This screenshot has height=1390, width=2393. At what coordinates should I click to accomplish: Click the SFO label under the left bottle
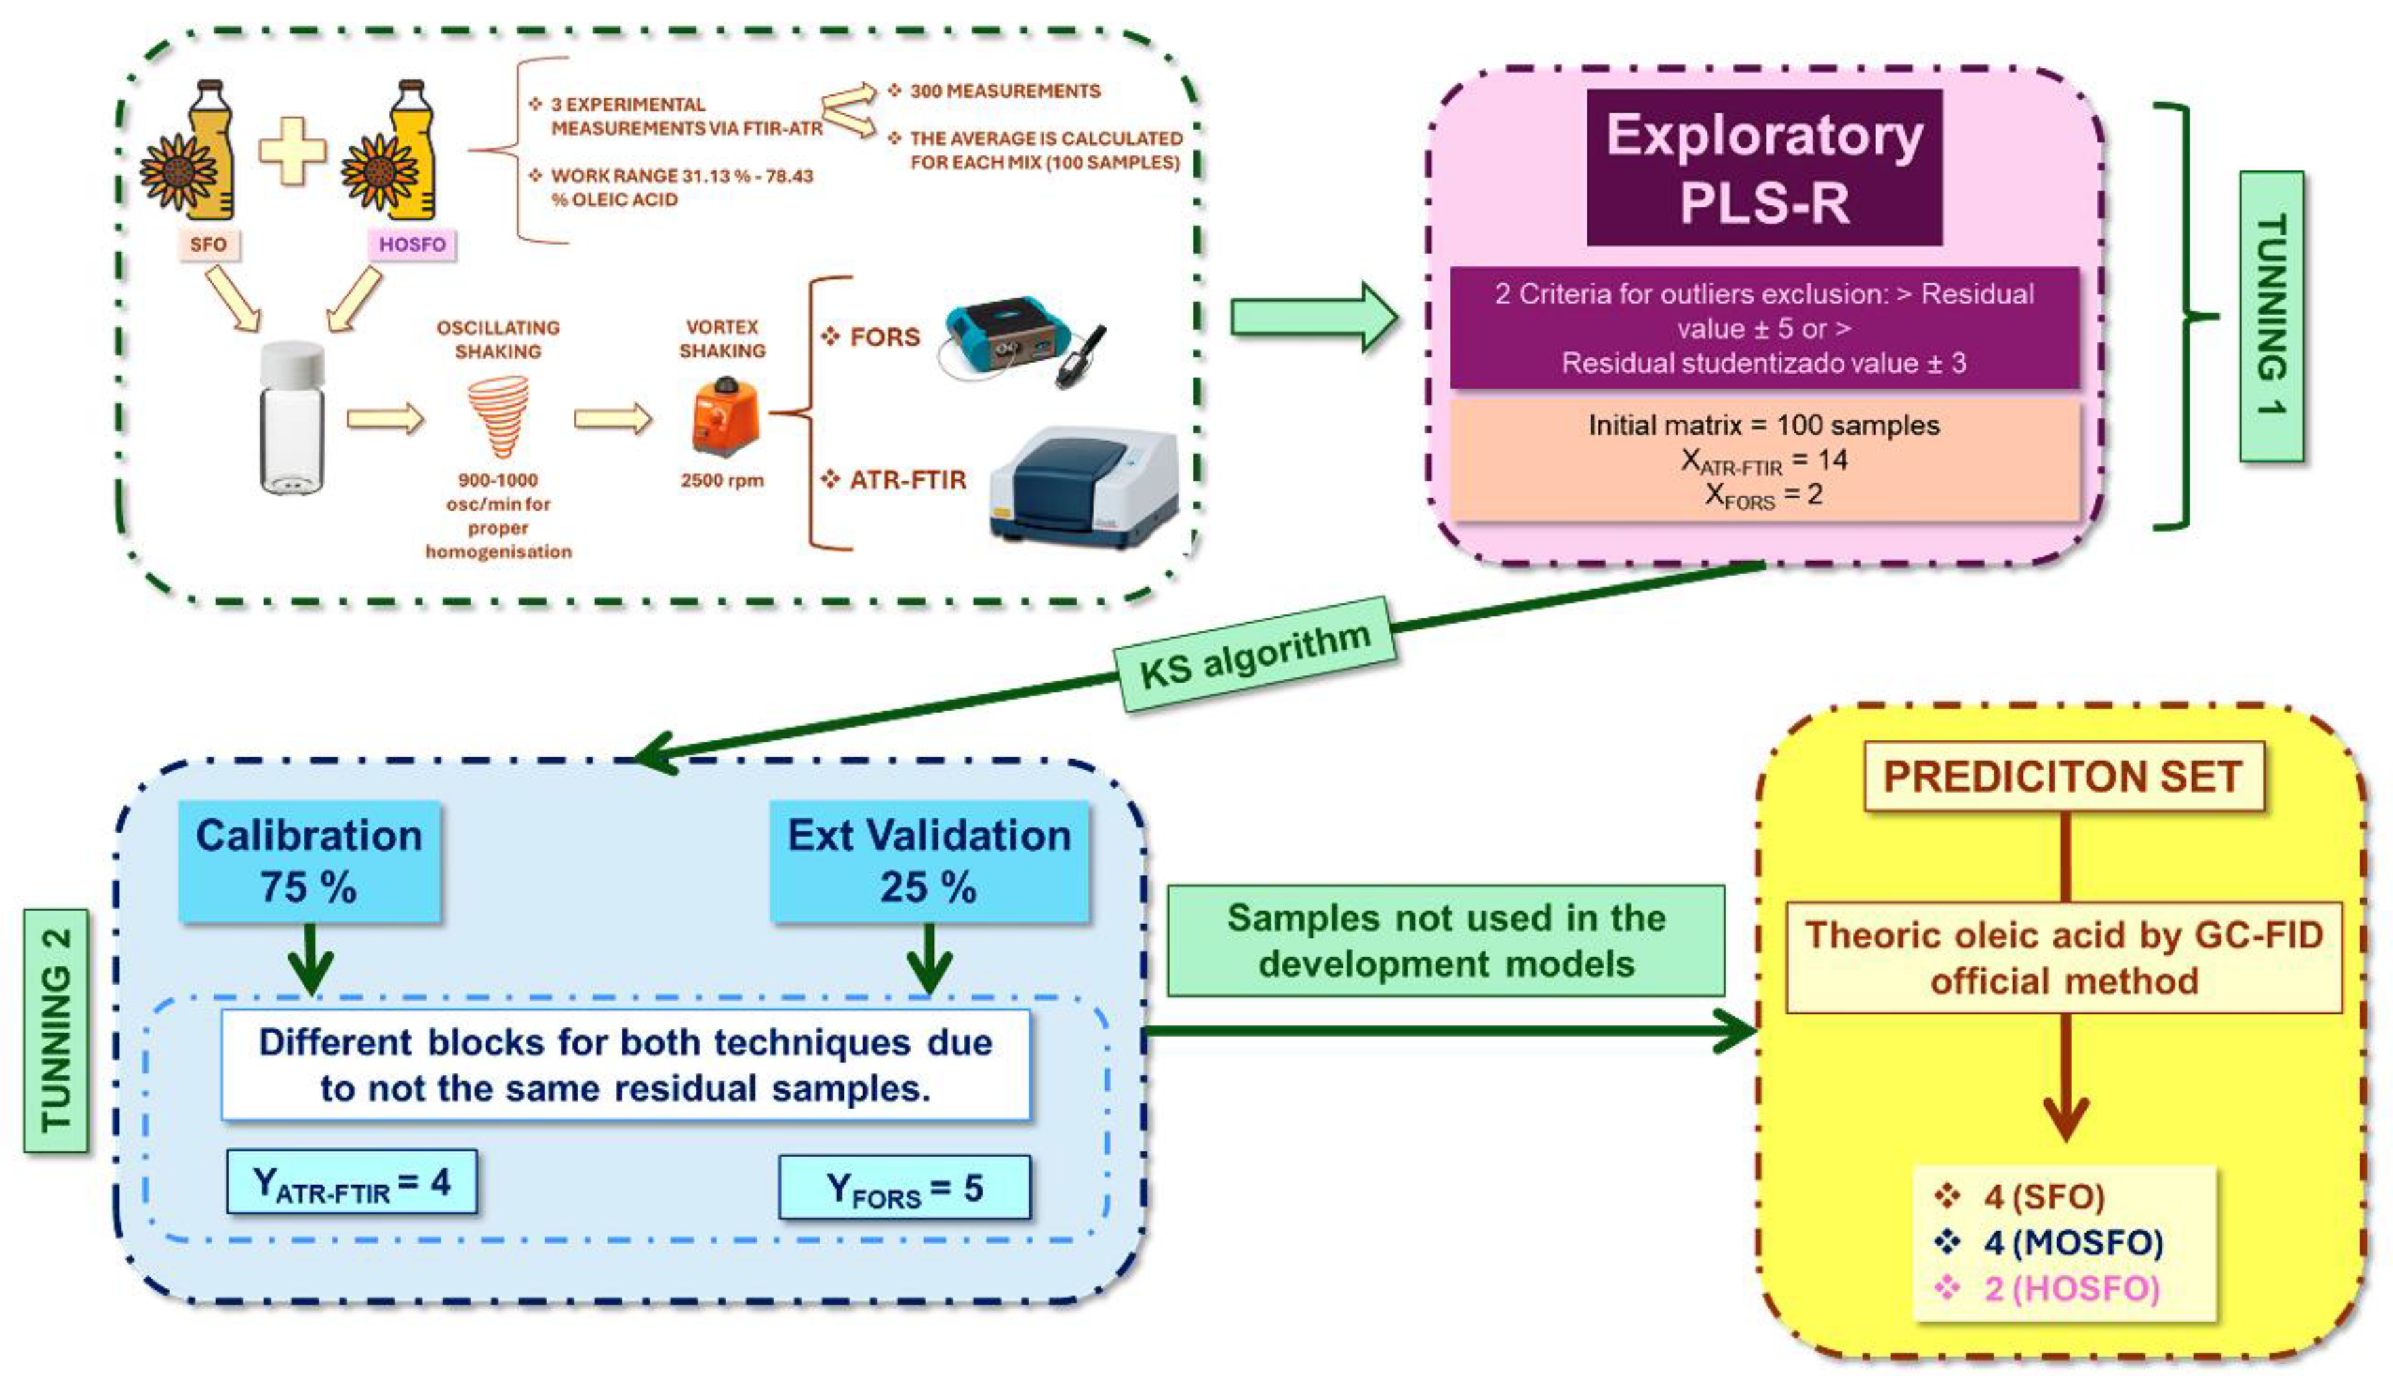point(208,245)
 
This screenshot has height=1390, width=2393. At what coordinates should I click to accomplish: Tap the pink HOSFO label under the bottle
point(412,245)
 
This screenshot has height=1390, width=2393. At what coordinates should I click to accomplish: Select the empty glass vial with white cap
point(292,418)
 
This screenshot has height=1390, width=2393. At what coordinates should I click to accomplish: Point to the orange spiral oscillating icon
point(498,416)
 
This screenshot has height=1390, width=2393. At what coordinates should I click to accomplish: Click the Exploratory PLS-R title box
point(1764,168)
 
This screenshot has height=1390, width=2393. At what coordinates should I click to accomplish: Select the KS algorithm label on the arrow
point(1254,655)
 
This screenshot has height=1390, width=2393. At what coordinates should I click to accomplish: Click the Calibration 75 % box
point(310,860)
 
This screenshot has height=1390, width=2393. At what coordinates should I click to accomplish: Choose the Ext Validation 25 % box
point(929,860)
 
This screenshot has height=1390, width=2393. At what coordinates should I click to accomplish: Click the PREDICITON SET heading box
point(2063,776)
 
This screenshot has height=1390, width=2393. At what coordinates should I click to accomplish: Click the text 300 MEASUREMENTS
point(1005,91)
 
